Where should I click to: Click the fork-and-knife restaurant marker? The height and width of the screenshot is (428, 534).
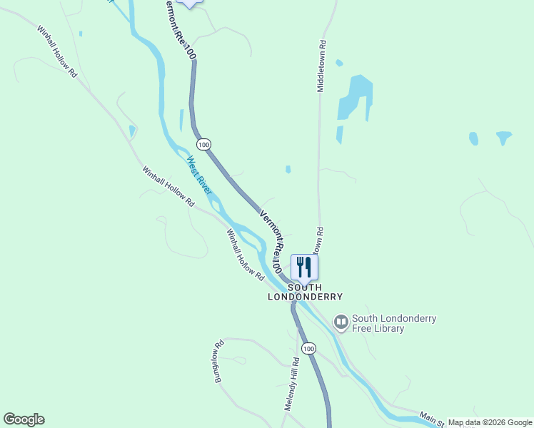304,267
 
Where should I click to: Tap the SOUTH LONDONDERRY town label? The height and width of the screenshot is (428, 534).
305,292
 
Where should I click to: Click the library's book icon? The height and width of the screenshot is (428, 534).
341,323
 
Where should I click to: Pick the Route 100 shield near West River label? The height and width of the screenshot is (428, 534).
205,144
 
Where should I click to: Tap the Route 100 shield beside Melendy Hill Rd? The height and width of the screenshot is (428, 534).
308,348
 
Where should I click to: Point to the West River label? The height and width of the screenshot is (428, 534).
199,175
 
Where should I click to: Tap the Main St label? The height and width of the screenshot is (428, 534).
431,419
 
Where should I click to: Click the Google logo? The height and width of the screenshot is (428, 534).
24,419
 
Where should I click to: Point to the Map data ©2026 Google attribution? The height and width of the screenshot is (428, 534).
490,422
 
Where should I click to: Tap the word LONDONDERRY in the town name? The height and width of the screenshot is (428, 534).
305,297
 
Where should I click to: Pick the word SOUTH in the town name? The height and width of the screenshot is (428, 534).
305,287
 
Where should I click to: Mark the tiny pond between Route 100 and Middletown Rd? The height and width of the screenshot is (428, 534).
288,170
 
